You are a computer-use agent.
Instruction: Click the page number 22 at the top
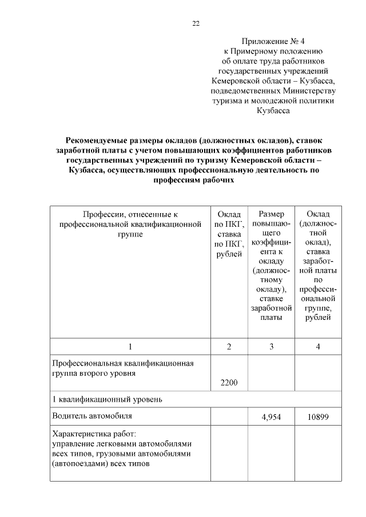(x=196, y=23)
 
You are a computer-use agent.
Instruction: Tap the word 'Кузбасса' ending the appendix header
(x=273, y=111)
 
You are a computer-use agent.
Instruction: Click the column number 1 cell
(x=130, y=346)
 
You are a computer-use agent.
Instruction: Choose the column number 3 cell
(x=271, y=346)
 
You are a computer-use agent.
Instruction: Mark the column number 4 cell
(x=317, y=346)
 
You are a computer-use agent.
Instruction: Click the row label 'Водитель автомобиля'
(x=92, y=416)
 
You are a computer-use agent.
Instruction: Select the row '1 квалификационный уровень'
(x=107, y=399)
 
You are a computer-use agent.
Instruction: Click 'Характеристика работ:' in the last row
(x=94, y=434)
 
